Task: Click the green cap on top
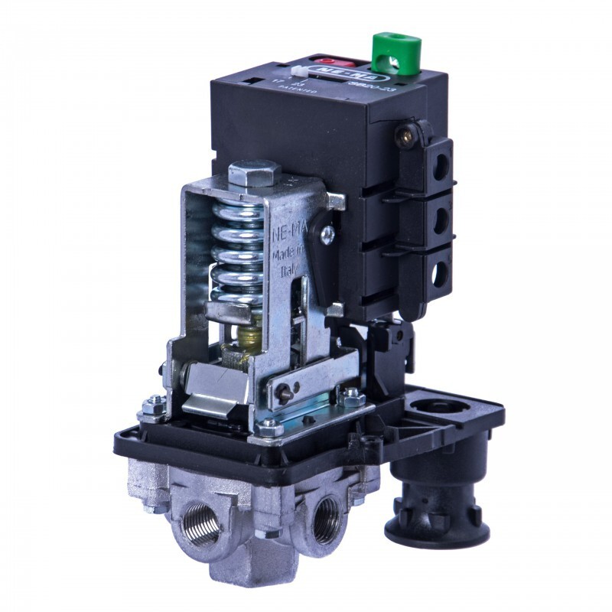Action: click(392, 52)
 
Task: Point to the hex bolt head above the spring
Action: click(254, 173)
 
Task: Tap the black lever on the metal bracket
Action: click(324, 264)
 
